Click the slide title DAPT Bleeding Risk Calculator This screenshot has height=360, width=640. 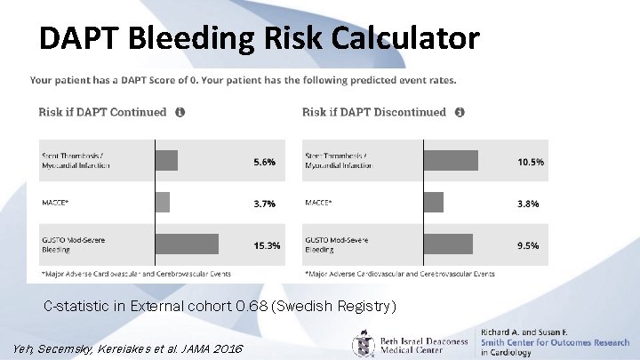pyautogui.click(x=259, y=38)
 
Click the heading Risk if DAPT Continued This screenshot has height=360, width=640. pyautogui.click(x=102, y=112)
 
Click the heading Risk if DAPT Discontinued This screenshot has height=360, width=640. pyautogui.click(x=373, y=112)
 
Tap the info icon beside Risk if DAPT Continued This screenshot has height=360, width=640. pyautogui.click(x=180, y=113)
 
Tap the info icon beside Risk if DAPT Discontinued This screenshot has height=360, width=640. pyautogui.click(x=459, y=113)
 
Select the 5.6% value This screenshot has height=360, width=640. pyautogui.click(x=264, y=163)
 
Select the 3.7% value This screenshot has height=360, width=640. pyautogui.click(x=264, y=204)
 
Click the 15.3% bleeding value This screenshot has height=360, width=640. pyautogui.click(x=267, y=244)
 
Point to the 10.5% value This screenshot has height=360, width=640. pyautogui.click(x=530, y=163)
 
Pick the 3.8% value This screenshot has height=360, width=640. pyautogui.click(x=528, y=204)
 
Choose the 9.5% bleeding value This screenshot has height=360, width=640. pyautogui.click(x=528, y=244)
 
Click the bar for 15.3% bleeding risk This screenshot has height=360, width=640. pyautogui.click(x=187, y=244)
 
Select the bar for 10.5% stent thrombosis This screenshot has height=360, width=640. pyautogui.click(x=451, y=161)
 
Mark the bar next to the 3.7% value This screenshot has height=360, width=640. pyautogui.click(x=163, y=203)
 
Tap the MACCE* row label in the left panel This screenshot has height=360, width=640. pyautogui.click(x=55, y=203)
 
